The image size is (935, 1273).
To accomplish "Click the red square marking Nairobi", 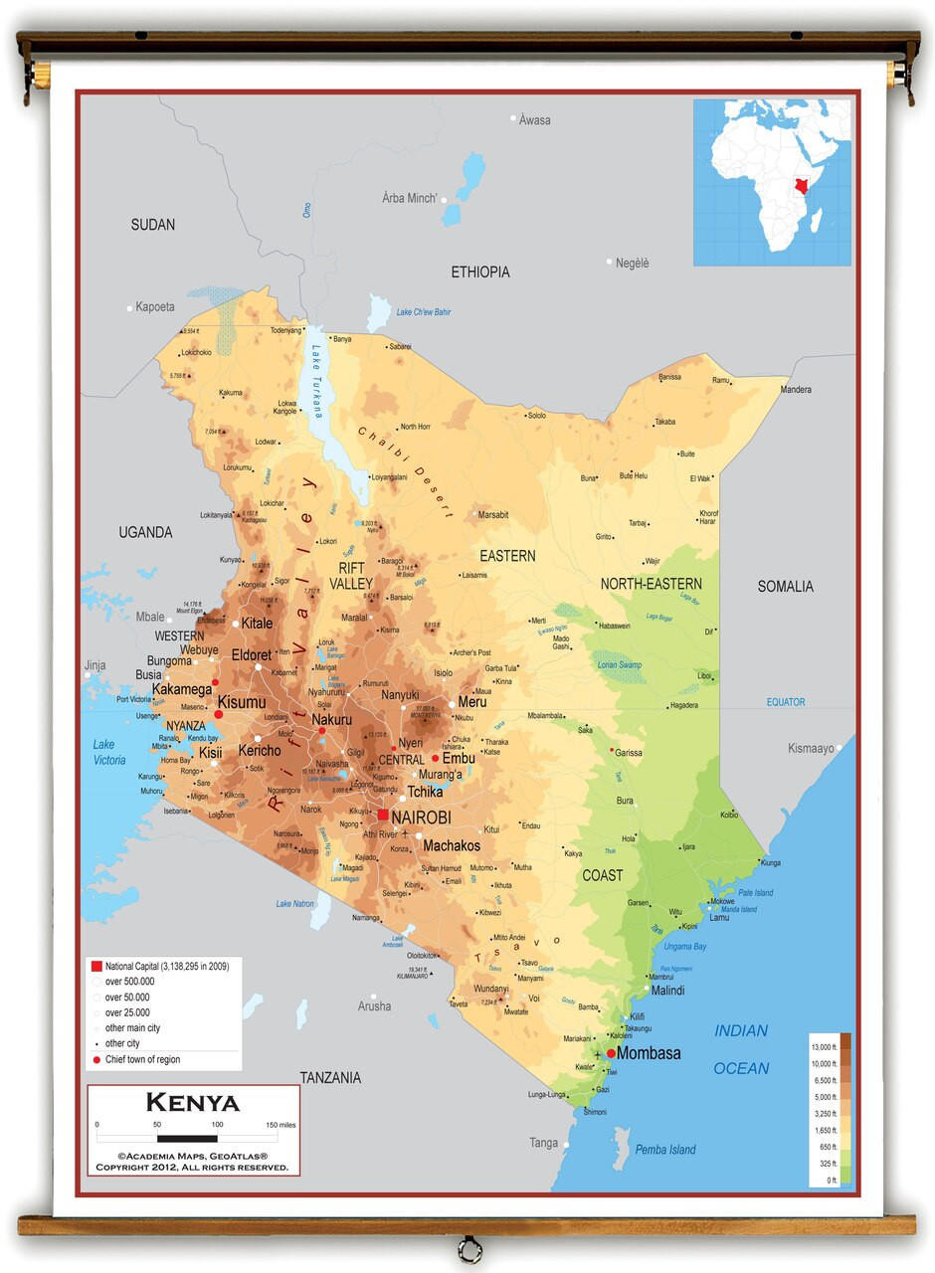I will (383, 816).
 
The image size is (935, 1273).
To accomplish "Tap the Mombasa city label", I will (649, 1053).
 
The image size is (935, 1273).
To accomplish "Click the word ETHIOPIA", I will (480, 272).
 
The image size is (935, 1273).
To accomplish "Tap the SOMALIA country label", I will (785, 587).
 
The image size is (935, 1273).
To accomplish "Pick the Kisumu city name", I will (242, 701).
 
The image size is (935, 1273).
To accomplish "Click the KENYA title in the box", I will (193, 1103).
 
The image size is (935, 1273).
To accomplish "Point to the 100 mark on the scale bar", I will (217, 1125).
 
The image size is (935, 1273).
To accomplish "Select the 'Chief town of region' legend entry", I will (143, 1060).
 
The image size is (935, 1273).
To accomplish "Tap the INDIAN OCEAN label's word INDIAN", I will (741, 1031).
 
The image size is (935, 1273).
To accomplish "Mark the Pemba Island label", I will (665, 1150).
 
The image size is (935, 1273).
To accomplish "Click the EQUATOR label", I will (785, 702).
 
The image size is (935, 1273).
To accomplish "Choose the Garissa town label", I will (629, 753).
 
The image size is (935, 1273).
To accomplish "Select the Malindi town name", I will (667, 991).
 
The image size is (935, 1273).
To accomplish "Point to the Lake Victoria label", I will (109, 752).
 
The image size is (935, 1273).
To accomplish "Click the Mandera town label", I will (796, 390).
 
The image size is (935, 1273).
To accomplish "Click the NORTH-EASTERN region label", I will (651, 584).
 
